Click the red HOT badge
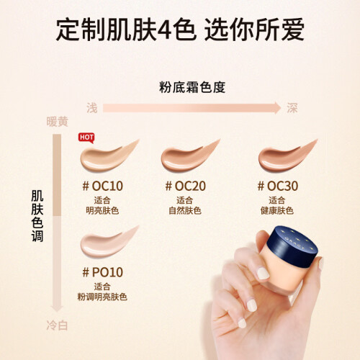(86, 138)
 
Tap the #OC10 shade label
(102, 186)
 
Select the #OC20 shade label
(185, 186)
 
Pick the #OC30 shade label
(278, 186)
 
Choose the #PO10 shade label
(102, 272)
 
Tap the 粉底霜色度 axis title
(192, 87)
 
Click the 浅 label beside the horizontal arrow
(92, 108)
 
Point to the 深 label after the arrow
(292, 108)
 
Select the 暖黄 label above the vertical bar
(57, 122)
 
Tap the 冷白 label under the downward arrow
(57, 325)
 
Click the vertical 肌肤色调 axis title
(37, 216)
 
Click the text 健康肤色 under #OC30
(277, 211)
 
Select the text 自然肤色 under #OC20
(185, 211)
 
